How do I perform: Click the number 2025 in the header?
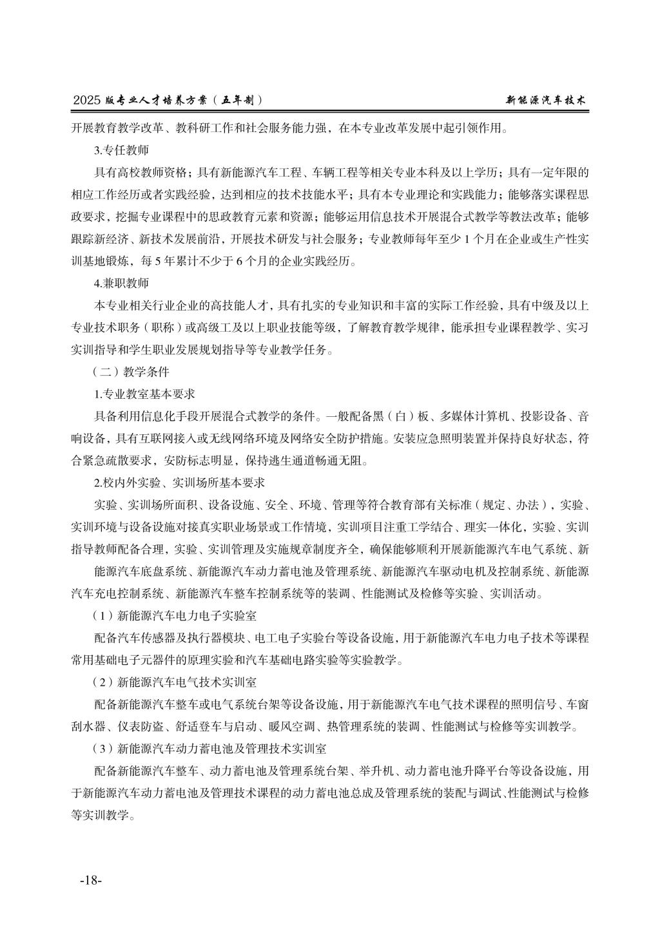click(x=88, y=101)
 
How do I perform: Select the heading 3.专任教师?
click(x=121, y=151)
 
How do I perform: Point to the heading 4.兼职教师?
click(x=121, y=284)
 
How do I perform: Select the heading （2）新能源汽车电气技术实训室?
click(x=175, y=682)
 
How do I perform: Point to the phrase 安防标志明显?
click(x=200, y=460)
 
